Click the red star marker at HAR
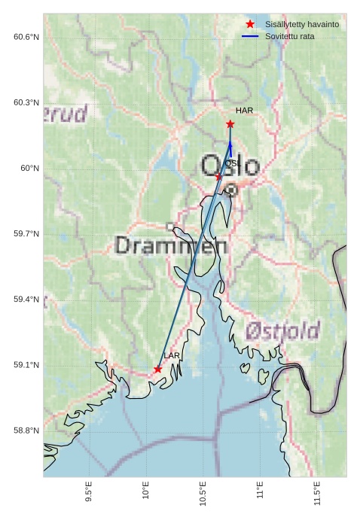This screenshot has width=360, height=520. [x=230, y=124]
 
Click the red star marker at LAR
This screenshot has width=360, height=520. [x=157, y=369]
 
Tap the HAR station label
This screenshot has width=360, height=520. [x=244, y=111]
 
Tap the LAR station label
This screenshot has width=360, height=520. [x=172, y=355]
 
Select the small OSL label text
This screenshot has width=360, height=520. [x=233, y=163]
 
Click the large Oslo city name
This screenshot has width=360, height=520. [x=230, y=166]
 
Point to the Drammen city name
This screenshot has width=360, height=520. [x=171, y=245]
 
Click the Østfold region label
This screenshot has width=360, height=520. [x=282, y=330]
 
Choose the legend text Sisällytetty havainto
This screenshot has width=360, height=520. [x=301, y=24]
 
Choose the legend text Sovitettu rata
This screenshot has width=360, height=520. [x=290, y=36]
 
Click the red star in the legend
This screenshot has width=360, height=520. [x=250, y=24]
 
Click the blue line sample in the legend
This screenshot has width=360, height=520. [x=250, y=36]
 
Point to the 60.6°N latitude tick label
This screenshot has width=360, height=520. [x=26, y=37]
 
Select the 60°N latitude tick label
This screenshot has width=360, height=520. [x=29, y=169]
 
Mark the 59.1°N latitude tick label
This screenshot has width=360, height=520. [x=26, y=365]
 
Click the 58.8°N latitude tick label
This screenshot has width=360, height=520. [x=26, y=430]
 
